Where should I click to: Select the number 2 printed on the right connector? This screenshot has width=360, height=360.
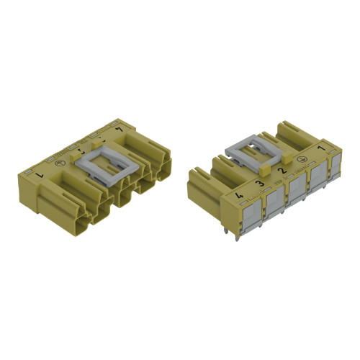click(x=282, y=172)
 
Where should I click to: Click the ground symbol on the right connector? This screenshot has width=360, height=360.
click(x=301, y=161)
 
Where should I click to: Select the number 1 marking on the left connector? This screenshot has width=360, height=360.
click(x=119, y=129)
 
